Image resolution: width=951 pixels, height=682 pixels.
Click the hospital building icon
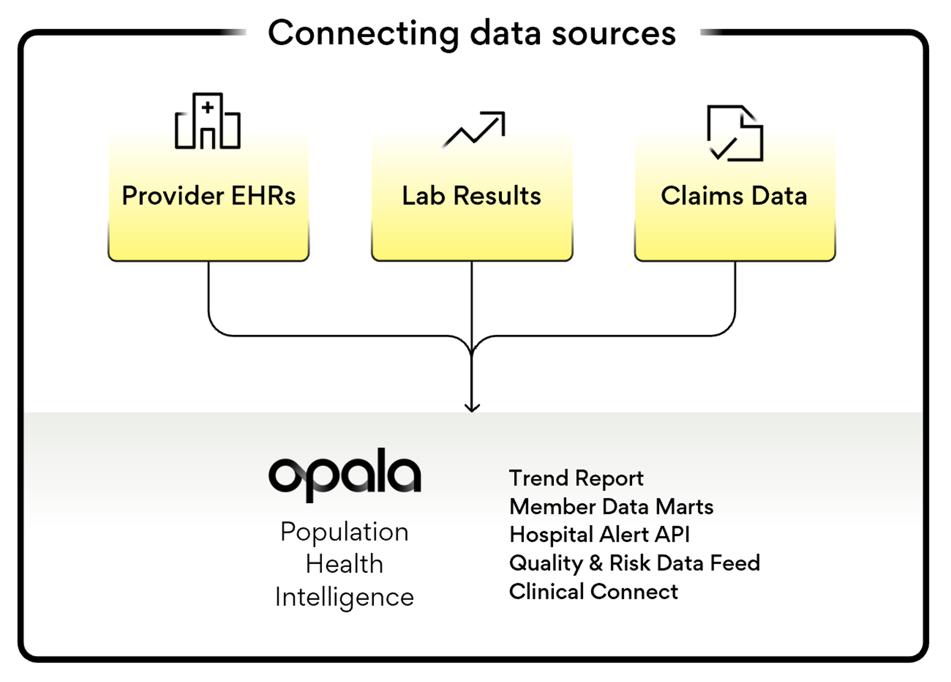click(208, 122)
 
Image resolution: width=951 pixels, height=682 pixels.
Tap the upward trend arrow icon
click(474, 129)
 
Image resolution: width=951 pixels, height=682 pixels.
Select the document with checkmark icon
click(735, 133)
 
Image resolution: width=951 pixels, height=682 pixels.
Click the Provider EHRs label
click(209, 196)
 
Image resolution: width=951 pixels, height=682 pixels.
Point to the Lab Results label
click(472, 196)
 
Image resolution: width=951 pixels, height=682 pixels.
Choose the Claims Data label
click(734, 196)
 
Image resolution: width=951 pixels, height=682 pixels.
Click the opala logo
click(345, 475)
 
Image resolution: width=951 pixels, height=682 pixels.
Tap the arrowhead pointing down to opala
click(472, 408)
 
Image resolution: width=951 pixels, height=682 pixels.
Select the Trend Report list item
click(576, 478)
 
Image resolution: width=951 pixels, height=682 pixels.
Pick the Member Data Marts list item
click(611, 507)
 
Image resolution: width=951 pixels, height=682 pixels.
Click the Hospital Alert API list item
click(599, 535)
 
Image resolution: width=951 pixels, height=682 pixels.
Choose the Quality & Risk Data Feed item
click(634, 563)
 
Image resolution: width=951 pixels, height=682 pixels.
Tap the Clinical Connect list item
click(593, 592)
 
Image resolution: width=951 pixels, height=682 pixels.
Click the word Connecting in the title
click(363, 34)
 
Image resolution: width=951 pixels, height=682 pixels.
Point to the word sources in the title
click(614, 34)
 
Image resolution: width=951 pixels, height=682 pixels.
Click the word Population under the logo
click(345, 532)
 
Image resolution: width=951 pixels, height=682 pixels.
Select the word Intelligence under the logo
click(345, 597)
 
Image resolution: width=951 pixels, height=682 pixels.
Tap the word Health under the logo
click(345, 565)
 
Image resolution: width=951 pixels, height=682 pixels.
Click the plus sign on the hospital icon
click(208, 108)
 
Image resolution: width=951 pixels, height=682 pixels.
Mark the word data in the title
click(505, 34)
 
